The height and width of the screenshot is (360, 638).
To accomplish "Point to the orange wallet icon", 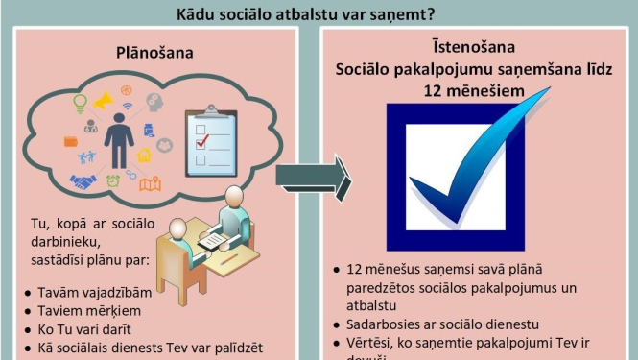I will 70,141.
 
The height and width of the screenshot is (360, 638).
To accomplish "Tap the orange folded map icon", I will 150,183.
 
